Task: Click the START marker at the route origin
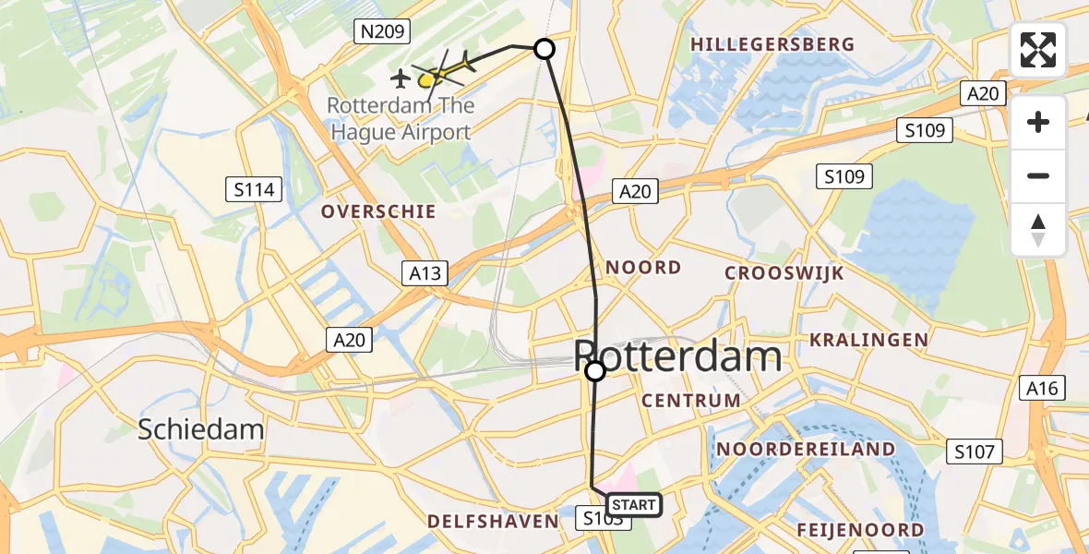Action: pos(633,504)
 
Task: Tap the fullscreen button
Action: pos(1038,50)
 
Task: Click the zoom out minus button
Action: pos(1038,175)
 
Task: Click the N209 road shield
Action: pos(381,32)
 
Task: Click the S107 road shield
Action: pos(975,452)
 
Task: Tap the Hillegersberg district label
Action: pos(772,44)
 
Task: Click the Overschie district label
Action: pos(378,211)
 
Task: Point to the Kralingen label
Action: pos(868,340)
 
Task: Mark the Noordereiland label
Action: pos(806,450)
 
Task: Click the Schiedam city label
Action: pos(201,428)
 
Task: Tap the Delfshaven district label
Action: pos(494,522)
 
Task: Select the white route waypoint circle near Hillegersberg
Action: pos(544,49)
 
